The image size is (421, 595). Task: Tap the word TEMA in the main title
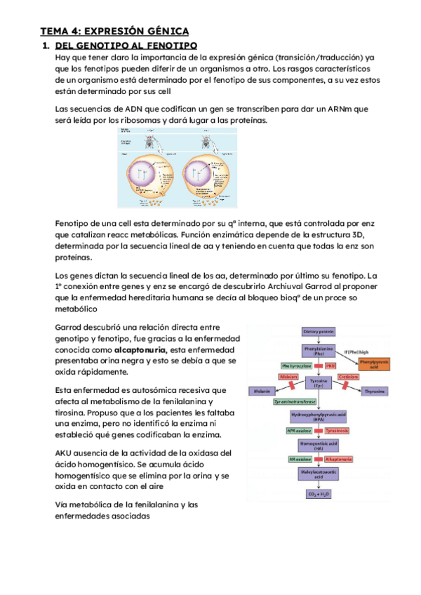(54, 32)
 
